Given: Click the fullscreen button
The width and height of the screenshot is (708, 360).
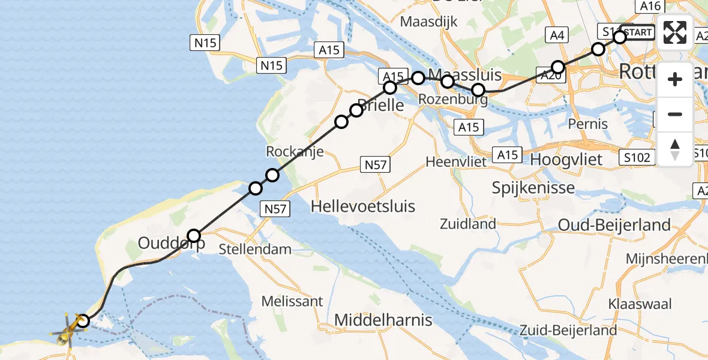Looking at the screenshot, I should click(675, 32).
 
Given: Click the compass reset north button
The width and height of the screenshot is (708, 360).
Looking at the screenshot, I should click(675, 149).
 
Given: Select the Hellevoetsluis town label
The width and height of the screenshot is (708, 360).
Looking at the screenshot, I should click(362, 206).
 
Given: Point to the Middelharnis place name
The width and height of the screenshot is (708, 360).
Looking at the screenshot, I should click(383, 320).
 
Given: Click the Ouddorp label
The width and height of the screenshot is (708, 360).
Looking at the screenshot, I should click(172, 243).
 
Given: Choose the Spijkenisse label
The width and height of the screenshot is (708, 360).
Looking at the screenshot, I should click(533, 187).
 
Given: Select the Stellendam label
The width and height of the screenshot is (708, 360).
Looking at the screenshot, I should click(256, 248).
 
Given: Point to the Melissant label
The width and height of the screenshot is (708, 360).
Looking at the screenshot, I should click(292, 301).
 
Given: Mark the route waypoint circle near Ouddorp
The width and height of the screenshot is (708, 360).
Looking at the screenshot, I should click(194, 235).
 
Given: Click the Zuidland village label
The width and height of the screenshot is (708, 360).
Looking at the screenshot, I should click(468, 224).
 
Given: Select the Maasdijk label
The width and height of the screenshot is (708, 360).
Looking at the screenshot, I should click(428, 22).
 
